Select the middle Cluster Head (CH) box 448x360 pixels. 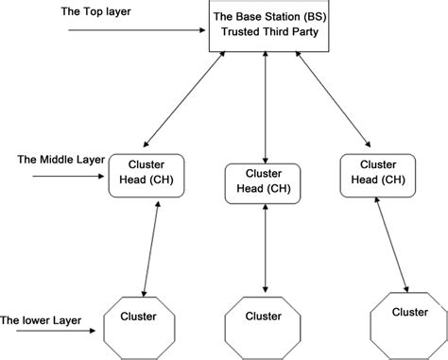tap(265, 182)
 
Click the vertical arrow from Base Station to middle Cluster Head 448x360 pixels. tap(265, 107)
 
